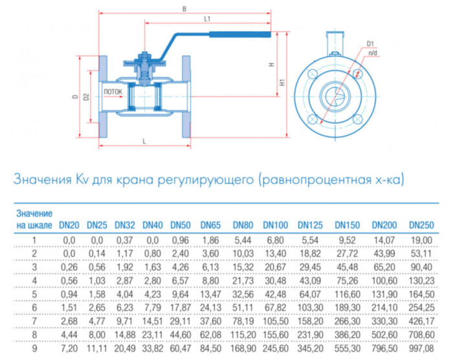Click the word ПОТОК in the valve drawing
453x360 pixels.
[113, 92]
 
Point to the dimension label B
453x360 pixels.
[185, 8]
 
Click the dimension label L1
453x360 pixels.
[207, 19]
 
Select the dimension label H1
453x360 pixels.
[283, 83]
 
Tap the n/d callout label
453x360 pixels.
[373, 51]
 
